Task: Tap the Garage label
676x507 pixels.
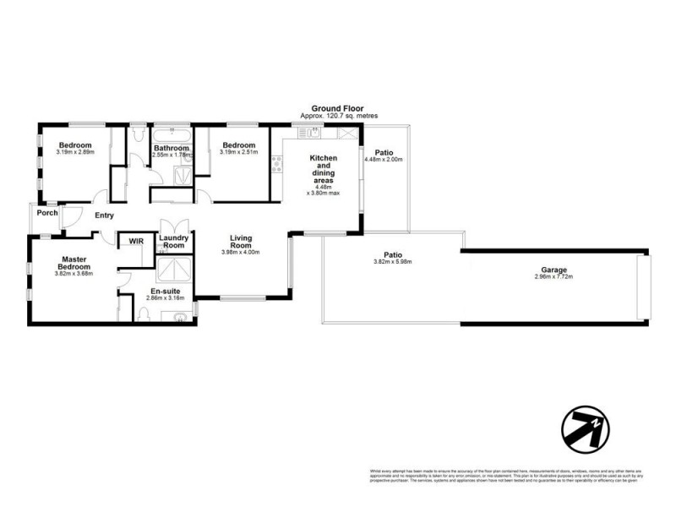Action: tap(554, 270)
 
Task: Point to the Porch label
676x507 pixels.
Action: tap(47, 213)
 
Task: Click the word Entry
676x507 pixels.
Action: tap(104, 215)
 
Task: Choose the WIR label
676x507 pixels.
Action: tap(136, 242)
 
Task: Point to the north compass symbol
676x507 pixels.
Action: tap(585, 428)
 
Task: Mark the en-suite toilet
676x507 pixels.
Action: tap(143, 314)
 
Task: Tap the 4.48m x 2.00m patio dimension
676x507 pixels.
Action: tap(384, 160)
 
